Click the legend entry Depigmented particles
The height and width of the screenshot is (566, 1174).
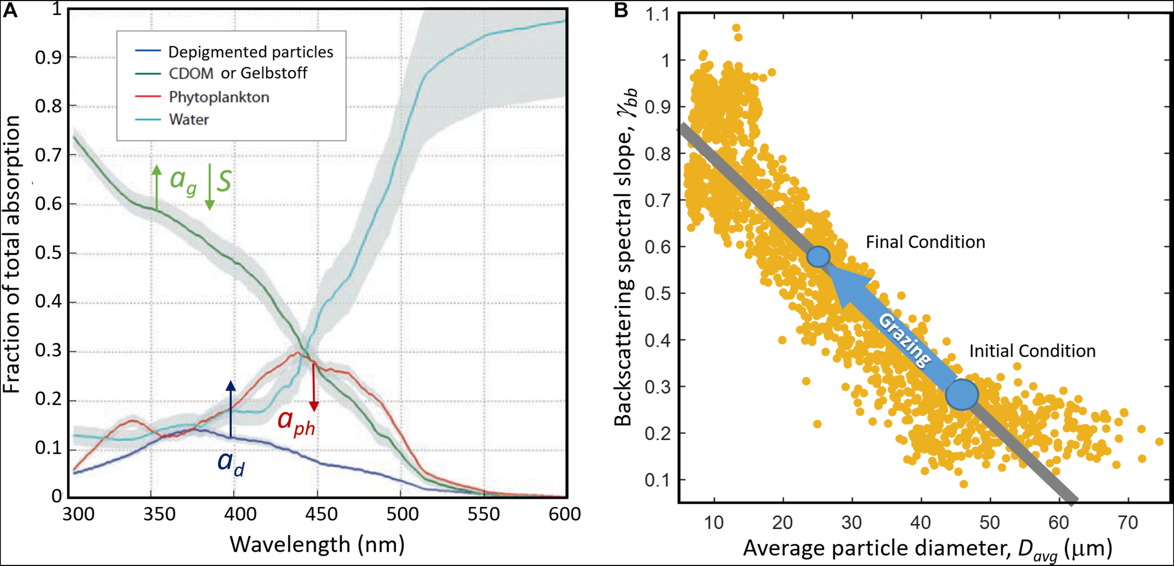[x=250, y=52]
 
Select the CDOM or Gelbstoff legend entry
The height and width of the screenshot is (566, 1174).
[x=238, y=73]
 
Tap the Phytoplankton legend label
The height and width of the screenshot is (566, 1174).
[x=219, y=97]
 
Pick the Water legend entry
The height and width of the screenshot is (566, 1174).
[x=189, y=120]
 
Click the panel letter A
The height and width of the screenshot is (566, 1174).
[x=10, y=10]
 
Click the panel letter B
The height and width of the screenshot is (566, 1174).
[x=621, y=10]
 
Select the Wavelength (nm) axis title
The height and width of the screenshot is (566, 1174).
[x=317, y=545]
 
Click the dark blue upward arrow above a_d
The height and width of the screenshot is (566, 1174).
[x=231, y=409]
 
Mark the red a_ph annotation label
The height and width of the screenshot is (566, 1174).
[x=296, y=422]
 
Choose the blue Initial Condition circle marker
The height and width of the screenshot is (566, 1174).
[x=962, y=395]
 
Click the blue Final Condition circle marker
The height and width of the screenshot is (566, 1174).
[x=819, y=257]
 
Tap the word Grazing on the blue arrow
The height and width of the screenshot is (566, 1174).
[x=904, y=340]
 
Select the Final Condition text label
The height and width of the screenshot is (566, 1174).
[x=925, y=242]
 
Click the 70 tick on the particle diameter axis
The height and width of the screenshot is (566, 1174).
[x=1128, y=523]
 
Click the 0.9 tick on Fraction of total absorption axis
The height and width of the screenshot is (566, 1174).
[x=48, y=58]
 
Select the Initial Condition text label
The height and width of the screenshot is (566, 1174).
[x=1032, y=351]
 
